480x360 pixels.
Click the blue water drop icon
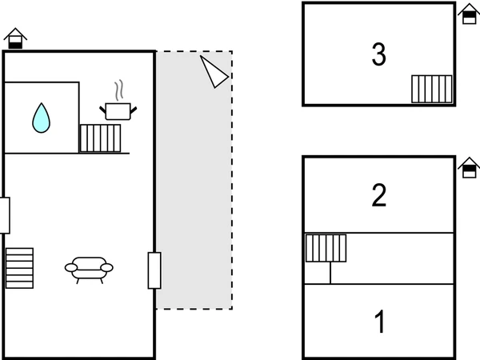tap(41, 118)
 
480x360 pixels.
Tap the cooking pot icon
tap(118, 110)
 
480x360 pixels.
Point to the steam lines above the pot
tap(119, 88)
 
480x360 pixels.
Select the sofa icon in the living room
tap(89, 268)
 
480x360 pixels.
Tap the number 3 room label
tap(379, 54)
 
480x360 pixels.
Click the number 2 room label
tap(379, 195)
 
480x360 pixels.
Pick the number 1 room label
tap(380, 323)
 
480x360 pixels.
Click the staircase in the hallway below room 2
tap(326, 248)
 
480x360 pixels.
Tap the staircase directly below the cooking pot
tap(100, 138)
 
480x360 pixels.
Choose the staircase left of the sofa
tap(19, 268)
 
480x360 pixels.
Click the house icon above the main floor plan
tap(15, 38)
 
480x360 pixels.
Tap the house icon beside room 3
tap(469, 14)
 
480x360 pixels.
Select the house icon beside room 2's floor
tap(469, 167)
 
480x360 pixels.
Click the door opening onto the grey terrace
tap(154, 270)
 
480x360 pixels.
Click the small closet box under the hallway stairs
tap(318, 273)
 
